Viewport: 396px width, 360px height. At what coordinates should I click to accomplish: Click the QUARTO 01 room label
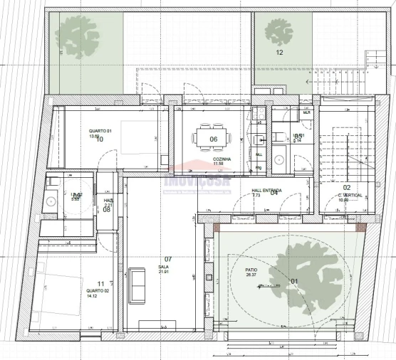coord(100,131)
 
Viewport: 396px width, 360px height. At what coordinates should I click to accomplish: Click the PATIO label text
coord(251,270)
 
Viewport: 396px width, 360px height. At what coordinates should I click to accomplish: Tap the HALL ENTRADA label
coord(266,190)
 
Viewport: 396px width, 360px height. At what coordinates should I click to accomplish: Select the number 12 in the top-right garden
coord(279,53)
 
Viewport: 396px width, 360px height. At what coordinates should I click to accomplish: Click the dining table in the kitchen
coord(214,138)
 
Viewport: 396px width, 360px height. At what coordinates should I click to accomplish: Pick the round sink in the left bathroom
coord(51,202)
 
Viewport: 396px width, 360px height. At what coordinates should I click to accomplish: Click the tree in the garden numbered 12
coord(278,31)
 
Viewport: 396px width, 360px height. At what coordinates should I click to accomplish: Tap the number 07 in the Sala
coord(169,258)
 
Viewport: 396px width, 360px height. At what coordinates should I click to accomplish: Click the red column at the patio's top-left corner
coord(216,228)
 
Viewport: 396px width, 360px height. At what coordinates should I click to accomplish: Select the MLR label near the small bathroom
coord(307,113)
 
